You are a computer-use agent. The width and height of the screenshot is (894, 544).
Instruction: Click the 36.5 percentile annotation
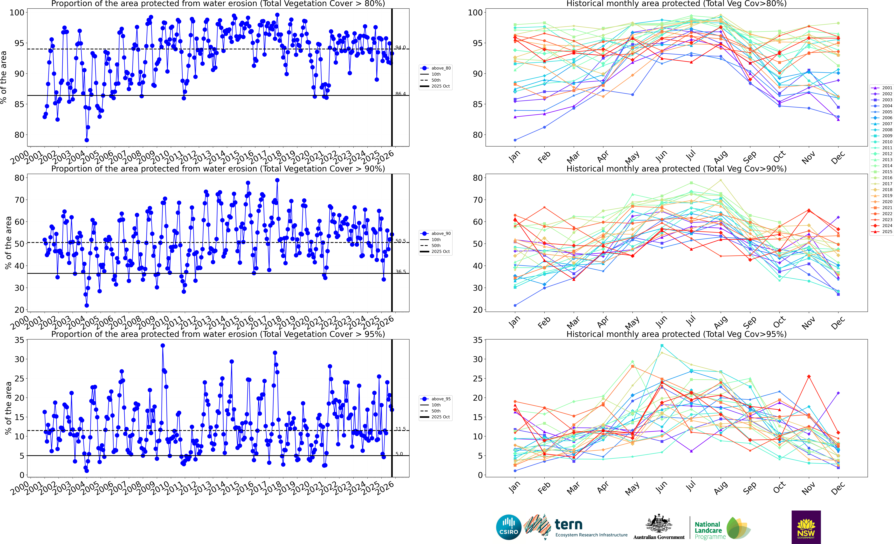401,272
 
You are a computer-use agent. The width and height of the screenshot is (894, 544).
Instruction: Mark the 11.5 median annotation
401,429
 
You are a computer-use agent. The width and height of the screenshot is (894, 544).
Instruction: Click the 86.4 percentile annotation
401,94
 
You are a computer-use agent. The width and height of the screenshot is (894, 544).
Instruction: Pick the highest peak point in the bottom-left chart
163,346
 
